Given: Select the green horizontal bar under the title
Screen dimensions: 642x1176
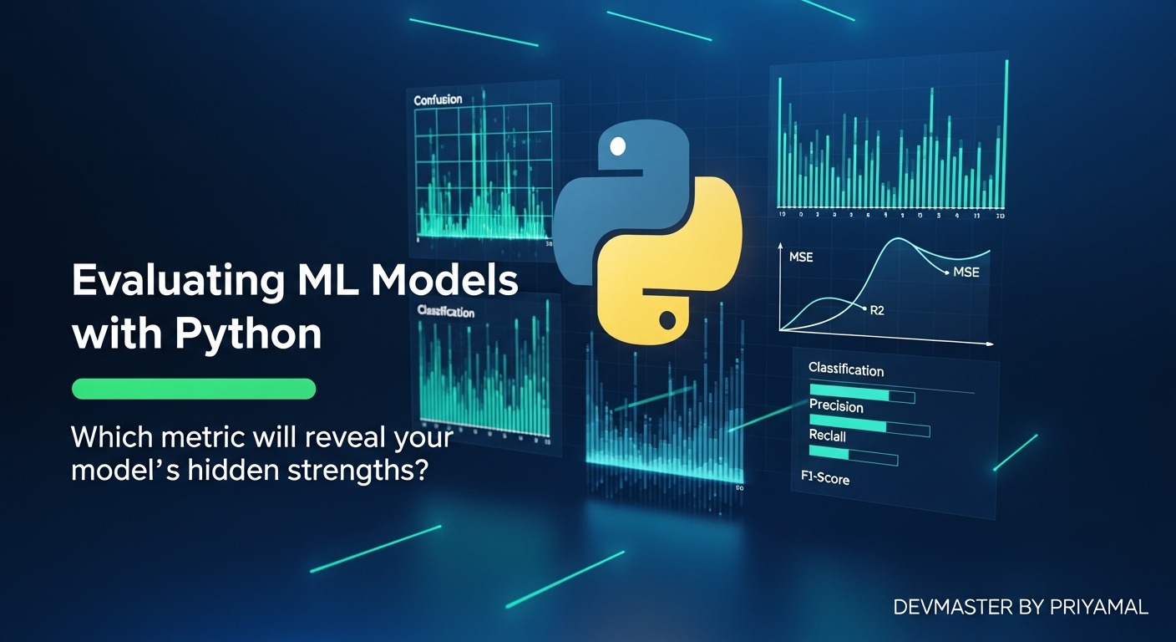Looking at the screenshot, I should click(194, 389).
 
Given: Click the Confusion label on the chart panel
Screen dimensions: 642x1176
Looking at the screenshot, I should click(438, 99).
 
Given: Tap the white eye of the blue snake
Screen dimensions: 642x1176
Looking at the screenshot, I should click(618, 147).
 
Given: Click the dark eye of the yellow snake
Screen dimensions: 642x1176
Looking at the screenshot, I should click(667, 320).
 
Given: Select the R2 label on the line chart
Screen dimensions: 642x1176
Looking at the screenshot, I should click(876, 310).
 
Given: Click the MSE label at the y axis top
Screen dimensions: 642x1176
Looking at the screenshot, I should click(800, 257).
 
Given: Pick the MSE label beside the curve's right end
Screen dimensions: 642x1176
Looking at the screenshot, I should click(966, 273).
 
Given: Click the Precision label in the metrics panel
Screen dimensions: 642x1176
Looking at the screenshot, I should click(836, 406).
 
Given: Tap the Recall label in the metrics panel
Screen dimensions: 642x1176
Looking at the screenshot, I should click(827, 436).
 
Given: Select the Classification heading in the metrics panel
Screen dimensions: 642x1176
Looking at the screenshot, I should click(845, 369).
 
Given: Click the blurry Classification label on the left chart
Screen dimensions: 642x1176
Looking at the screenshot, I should click(445, 312).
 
